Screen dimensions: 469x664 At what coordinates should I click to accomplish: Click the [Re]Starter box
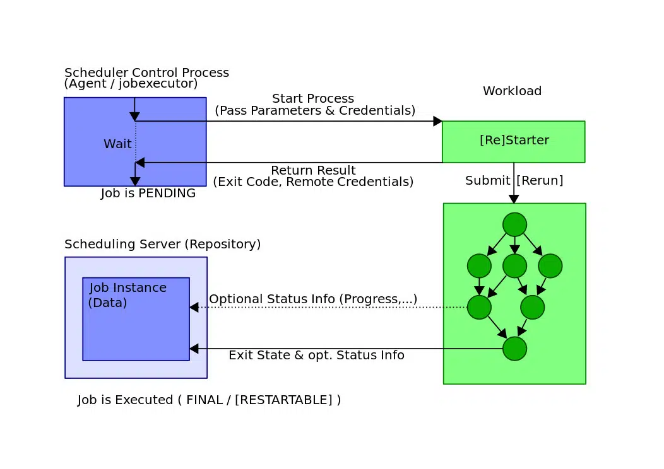513,141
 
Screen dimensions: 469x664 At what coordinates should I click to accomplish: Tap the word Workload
512,91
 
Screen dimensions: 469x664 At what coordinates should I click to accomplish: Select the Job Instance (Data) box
136,319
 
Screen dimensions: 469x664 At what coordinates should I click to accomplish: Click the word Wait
117,144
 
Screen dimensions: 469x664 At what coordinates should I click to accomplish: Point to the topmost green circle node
514,224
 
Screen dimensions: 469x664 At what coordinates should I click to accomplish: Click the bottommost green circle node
514,349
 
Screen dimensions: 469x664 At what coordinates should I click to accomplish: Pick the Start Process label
313,99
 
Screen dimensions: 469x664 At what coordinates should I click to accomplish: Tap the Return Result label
313,171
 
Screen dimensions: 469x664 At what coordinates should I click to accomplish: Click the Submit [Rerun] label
514,181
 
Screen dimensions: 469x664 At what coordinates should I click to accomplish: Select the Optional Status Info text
313,299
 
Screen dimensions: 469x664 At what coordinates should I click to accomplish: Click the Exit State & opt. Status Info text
316,356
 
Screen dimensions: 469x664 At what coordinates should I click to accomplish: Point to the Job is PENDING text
148,194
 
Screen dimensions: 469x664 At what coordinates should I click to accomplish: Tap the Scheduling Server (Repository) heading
162,245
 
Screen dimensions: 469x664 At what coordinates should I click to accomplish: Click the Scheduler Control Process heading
146,73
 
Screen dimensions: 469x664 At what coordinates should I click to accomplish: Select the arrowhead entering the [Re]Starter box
437,121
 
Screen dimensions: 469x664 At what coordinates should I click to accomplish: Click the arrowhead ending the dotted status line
194,308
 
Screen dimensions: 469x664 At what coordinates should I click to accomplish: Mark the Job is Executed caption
209,400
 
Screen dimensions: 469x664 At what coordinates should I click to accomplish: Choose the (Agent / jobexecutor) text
131,84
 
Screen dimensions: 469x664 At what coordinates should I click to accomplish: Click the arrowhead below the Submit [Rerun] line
514,199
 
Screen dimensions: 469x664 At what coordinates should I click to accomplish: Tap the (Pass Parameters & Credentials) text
315,111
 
